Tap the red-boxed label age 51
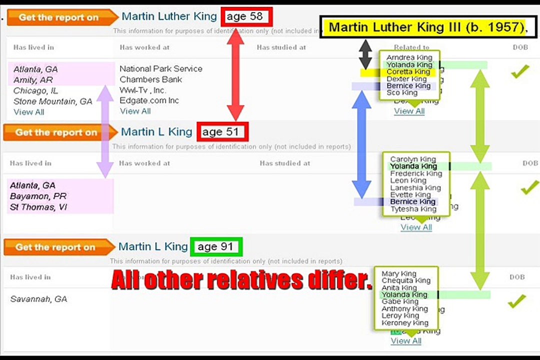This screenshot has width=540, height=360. (x=222, y=132)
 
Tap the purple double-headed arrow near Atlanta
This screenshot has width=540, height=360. (x=104, y=131)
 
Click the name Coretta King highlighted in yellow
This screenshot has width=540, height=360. (x=408, y=71)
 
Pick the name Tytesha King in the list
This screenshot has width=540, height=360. (x=413, y=209)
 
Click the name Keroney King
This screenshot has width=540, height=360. (x=404, y=322)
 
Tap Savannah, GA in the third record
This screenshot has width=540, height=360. (x=38, y=299)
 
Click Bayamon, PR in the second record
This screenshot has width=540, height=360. (x=38, y=196)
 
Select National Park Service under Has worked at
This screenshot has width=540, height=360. (x=161, y=68)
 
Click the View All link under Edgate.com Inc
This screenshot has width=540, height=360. (x=135, y=111)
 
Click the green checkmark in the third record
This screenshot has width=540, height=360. (x=516, y=301)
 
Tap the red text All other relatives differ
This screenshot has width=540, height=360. (x=241, y=280)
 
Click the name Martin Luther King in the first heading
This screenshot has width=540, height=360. (x=169, y=16)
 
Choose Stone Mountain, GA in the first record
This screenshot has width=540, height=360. (x=53, y=101)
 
